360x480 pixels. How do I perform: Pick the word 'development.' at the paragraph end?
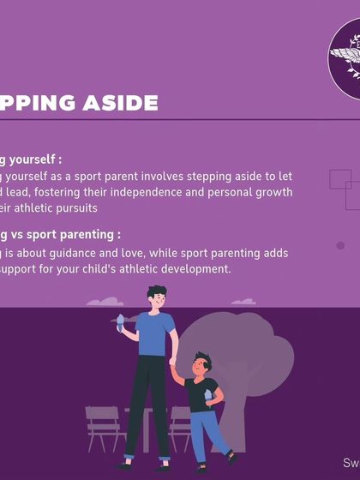tap(197, 269)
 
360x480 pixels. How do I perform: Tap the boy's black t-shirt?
tap(201, 394)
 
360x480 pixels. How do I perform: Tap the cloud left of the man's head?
tap(105, 302)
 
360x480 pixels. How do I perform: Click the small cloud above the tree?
tap(243, 302)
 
